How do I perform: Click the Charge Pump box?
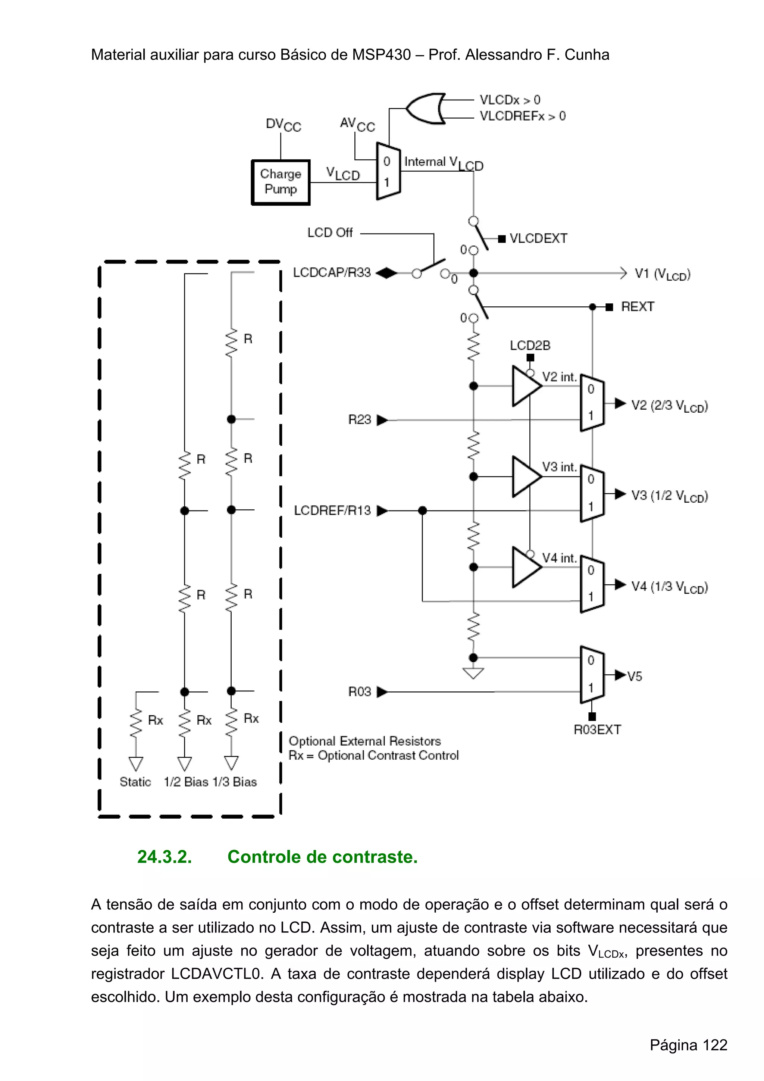tap(281, 182)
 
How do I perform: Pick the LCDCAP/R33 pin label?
tap(331, 273)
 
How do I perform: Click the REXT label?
tap(638, 307)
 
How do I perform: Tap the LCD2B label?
tap(530, 346)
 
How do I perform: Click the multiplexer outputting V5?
tap(592, 675)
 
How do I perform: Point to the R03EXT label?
tap(597, 730)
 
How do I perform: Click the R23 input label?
tap(360, 419)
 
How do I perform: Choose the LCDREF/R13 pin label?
tap(332, 510)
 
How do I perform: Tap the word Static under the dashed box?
tap(135, 782)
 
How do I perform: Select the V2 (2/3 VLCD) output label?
tap(669, 406)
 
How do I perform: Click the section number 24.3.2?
tap(164, 857)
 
